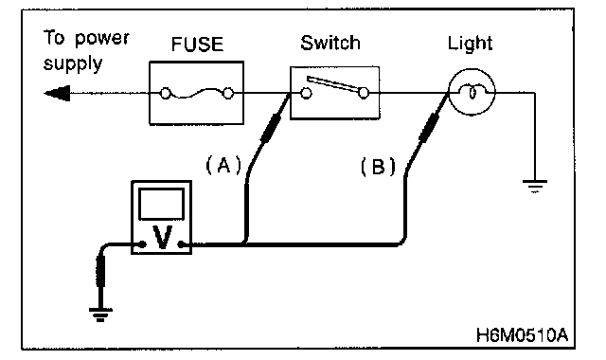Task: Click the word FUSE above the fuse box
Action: point(197,44)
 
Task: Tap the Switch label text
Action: point(330,43)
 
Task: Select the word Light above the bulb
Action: point(470,44)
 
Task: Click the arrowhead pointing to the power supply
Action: point(57,93)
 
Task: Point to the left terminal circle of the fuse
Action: point(166,94)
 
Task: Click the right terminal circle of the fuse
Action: point(228,93)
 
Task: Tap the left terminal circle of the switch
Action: point(306,93)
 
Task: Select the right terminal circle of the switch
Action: point(364,93)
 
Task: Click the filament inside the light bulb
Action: point(472,93)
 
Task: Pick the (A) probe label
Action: point(223,165)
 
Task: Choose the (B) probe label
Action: point(378,167)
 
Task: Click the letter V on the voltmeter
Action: point(162,237)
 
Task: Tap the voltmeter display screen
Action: point(162,205)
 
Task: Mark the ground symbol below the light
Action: point(535,186)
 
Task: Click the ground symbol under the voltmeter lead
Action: point(100,315)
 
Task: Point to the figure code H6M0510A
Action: point(522,335)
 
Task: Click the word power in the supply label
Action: point(102,39)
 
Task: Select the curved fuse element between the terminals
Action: point(197,94)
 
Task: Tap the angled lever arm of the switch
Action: point(332,84)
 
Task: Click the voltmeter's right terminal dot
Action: point(181,244)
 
